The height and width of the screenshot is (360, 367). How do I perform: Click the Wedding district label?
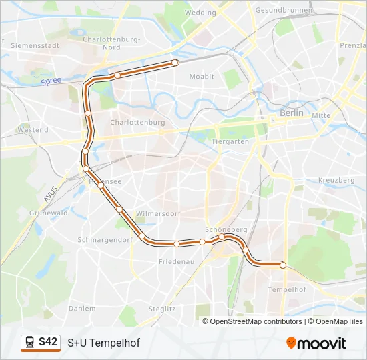point(200,12)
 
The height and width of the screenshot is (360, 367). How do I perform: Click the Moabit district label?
point(202,77)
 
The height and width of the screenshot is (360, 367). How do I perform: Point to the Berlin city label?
point(291,113)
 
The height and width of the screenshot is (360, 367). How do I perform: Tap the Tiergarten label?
point(230,141)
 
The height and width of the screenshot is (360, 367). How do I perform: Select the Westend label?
point(33,130)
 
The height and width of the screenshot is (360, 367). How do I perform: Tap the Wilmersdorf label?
point(158,213)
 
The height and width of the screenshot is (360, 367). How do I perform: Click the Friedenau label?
point(176,262)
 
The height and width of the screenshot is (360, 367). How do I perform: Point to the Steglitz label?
point(162,309)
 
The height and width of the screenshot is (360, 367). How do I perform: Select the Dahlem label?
point(82,309)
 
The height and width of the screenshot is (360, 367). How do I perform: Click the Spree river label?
point(51,81)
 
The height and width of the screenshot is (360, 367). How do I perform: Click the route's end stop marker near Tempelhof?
point(282,265)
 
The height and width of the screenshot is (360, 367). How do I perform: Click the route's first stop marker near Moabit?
point(175,63)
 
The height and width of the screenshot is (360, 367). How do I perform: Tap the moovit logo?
point(316,343)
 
